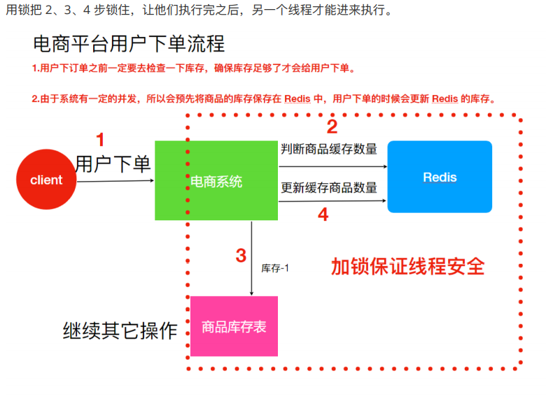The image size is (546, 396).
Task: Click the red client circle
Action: (46, 180)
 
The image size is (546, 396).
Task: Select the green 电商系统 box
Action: (216, 181)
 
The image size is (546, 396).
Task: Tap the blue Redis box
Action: (440, 177)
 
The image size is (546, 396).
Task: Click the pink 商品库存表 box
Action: (234, 326)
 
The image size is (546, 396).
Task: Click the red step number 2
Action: (332, 127)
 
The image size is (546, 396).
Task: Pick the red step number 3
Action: (241, 255)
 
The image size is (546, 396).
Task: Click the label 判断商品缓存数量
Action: (329, 149)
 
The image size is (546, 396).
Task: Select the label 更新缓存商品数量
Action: (329, 188)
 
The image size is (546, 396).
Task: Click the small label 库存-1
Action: (275, 268)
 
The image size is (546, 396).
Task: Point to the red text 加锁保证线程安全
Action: (407, 266)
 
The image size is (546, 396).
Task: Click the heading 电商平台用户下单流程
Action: (129, 43)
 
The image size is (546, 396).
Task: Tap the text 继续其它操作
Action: (120, 331)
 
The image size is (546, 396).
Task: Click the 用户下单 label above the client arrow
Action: (113, 164)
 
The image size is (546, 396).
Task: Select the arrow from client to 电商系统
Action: (115, 181)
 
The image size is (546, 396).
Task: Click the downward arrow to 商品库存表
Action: (251, 259)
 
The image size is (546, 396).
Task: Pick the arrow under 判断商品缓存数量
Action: (332, 167)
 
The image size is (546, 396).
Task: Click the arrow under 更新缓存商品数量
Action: (332, 201)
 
